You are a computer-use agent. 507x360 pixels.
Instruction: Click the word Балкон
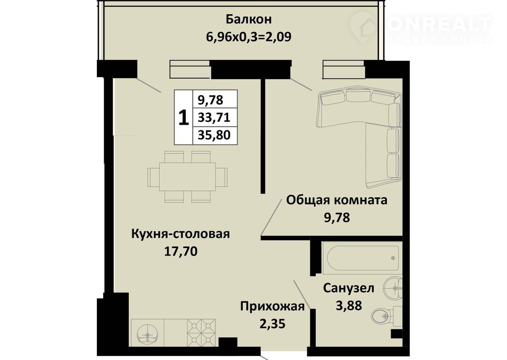(249, 20)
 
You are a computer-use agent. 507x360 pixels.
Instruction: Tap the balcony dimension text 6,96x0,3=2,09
(249, 37)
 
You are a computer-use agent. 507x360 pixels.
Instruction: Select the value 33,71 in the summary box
(214, 117)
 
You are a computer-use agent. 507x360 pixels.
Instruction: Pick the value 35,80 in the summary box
(214, 135)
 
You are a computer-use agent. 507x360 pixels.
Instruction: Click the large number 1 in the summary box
(183, 117)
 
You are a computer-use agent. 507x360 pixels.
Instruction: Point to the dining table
(187, 177)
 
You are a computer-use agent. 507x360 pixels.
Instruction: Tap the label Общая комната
(337, 200)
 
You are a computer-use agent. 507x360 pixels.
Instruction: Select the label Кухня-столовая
(181, 234)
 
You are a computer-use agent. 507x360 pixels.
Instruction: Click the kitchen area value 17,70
(181, 251)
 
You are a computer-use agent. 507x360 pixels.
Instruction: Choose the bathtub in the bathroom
(363, 258)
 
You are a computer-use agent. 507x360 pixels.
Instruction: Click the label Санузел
(348, 288)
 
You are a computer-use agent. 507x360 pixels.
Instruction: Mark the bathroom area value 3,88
(349, 306)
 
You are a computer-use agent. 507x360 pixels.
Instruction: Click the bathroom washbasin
(393, 288)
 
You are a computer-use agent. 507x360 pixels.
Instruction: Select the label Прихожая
(272, 307)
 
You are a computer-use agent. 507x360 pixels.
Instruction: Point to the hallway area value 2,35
(272, 324)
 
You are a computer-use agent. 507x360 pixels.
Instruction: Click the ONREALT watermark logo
(421, 27)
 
